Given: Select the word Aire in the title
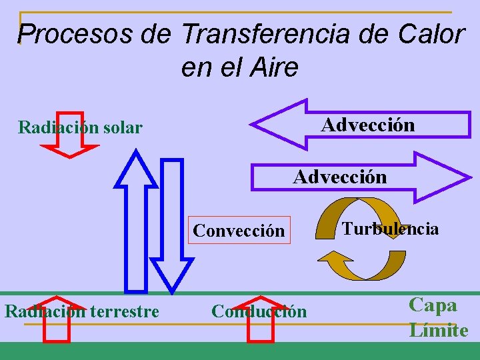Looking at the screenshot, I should tap(274, 67).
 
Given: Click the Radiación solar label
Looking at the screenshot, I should tap(80, 127).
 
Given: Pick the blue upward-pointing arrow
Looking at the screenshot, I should tap(136, 220).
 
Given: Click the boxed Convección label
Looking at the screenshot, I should tap(239, 231).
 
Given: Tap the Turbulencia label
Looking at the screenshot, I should tap(391, 229).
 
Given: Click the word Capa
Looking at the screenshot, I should tap(433, 305).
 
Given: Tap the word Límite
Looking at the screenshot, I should tap(439, 331).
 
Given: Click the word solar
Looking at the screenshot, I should tap(120, 127).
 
